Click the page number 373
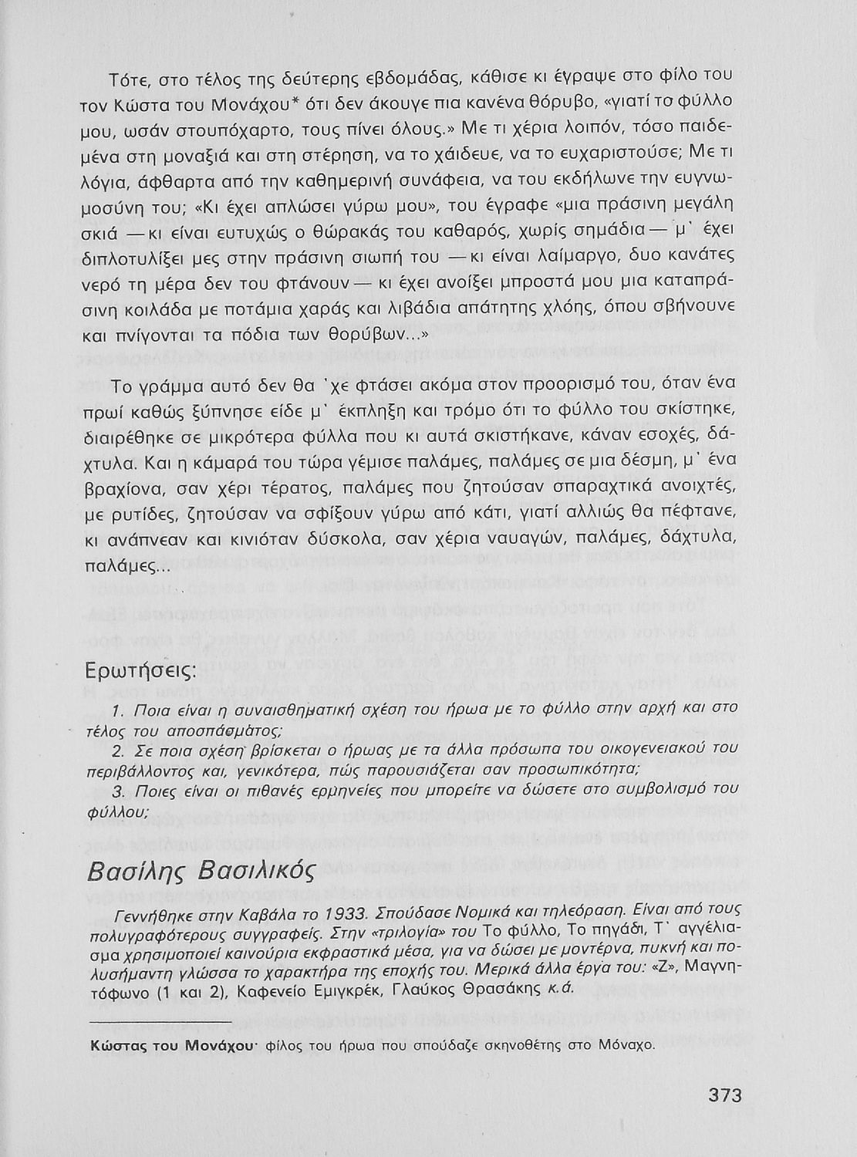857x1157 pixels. pyautogui.click(x=724, y=1095)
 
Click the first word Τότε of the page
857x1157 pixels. pyautogui.click(x=127, y=76)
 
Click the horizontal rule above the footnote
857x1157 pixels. pyautogui.click(x=160, y=1021)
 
